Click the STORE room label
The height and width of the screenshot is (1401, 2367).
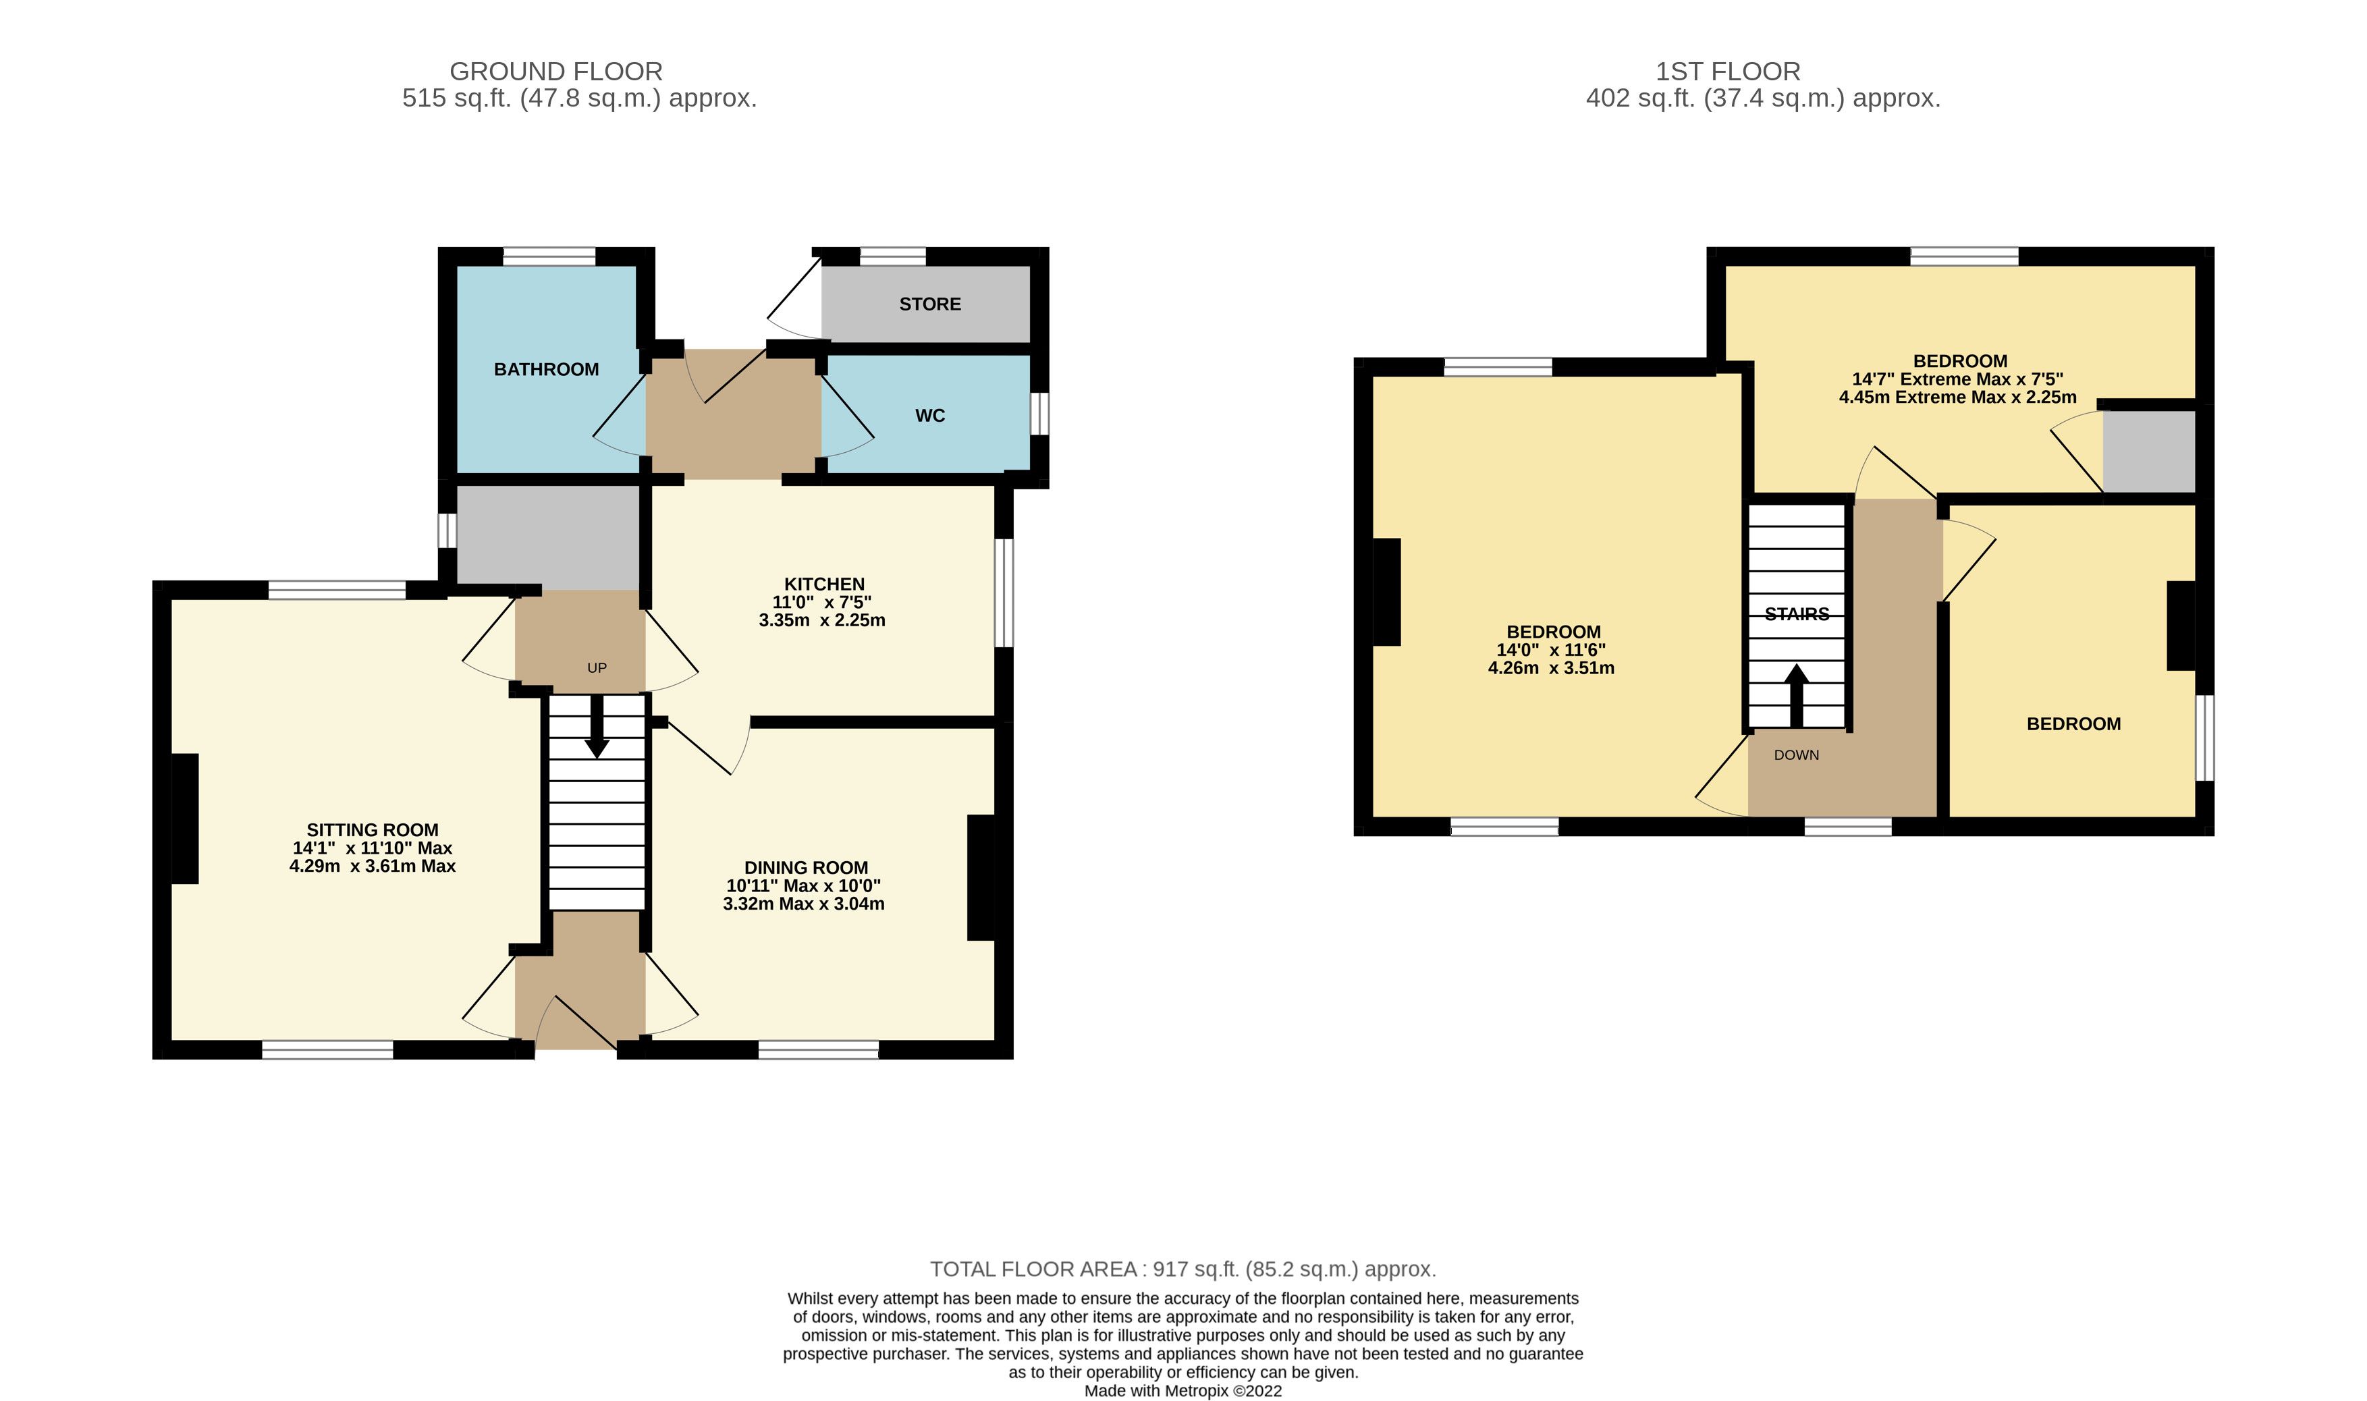point(930,304)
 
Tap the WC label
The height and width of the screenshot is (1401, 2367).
point(930,416)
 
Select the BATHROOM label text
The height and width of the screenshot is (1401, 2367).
point(547,369)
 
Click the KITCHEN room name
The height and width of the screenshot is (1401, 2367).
point(824,584)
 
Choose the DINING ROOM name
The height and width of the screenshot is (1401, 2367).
point(807,868)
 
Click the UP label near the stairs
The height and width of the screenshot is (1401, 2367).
point(597,667)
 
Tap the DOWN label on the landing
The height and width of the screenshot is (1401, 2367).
point(1796,754)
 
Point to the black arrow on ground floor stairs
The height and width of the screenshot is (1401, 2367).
point(597,727)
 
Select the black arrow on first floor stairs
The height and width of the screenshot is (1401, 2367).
point(1796,696)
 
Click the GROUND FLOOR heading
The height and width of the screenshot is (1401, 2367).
point(556,71)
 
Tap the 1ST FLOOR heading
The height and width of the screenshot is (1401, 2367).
point(1728,71)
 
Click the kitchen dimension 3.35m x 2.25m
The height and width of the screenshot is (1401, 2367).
point(822,620)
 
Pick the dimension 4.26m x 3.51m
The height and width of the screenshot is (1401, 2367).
point(1551,667)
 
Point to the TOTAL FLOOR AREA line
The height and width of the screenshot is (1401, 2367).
point(1183,1269)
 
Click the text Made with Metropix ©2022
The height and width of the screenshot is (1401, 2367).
point(1183,1391)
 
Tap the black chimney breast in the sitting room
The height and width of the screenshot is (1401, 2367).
point(185,819)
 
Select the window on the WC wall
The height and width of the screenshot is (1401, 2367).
point(1039,414)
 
